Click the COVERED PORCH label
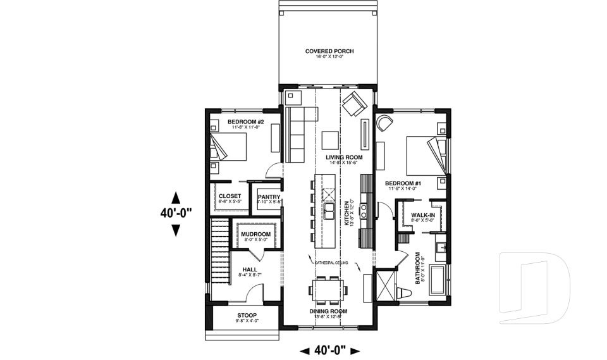coord(328,51)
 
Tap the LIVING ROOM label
coord(343,157)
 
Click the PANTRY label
coord(269,197)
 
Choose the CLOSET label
coord(230,196)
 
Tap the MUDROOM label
coord(255,234)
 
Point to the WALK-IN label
coord(422,215)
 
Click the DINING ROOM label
coord(329,311)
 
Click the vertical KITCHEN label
coord(346,211)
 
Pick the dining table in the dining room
coord(329,290)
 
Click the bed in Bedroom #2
coord(228,148)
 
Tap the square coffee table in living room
coord(329,139)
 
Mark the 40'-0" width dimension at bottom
coord(329,349)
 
